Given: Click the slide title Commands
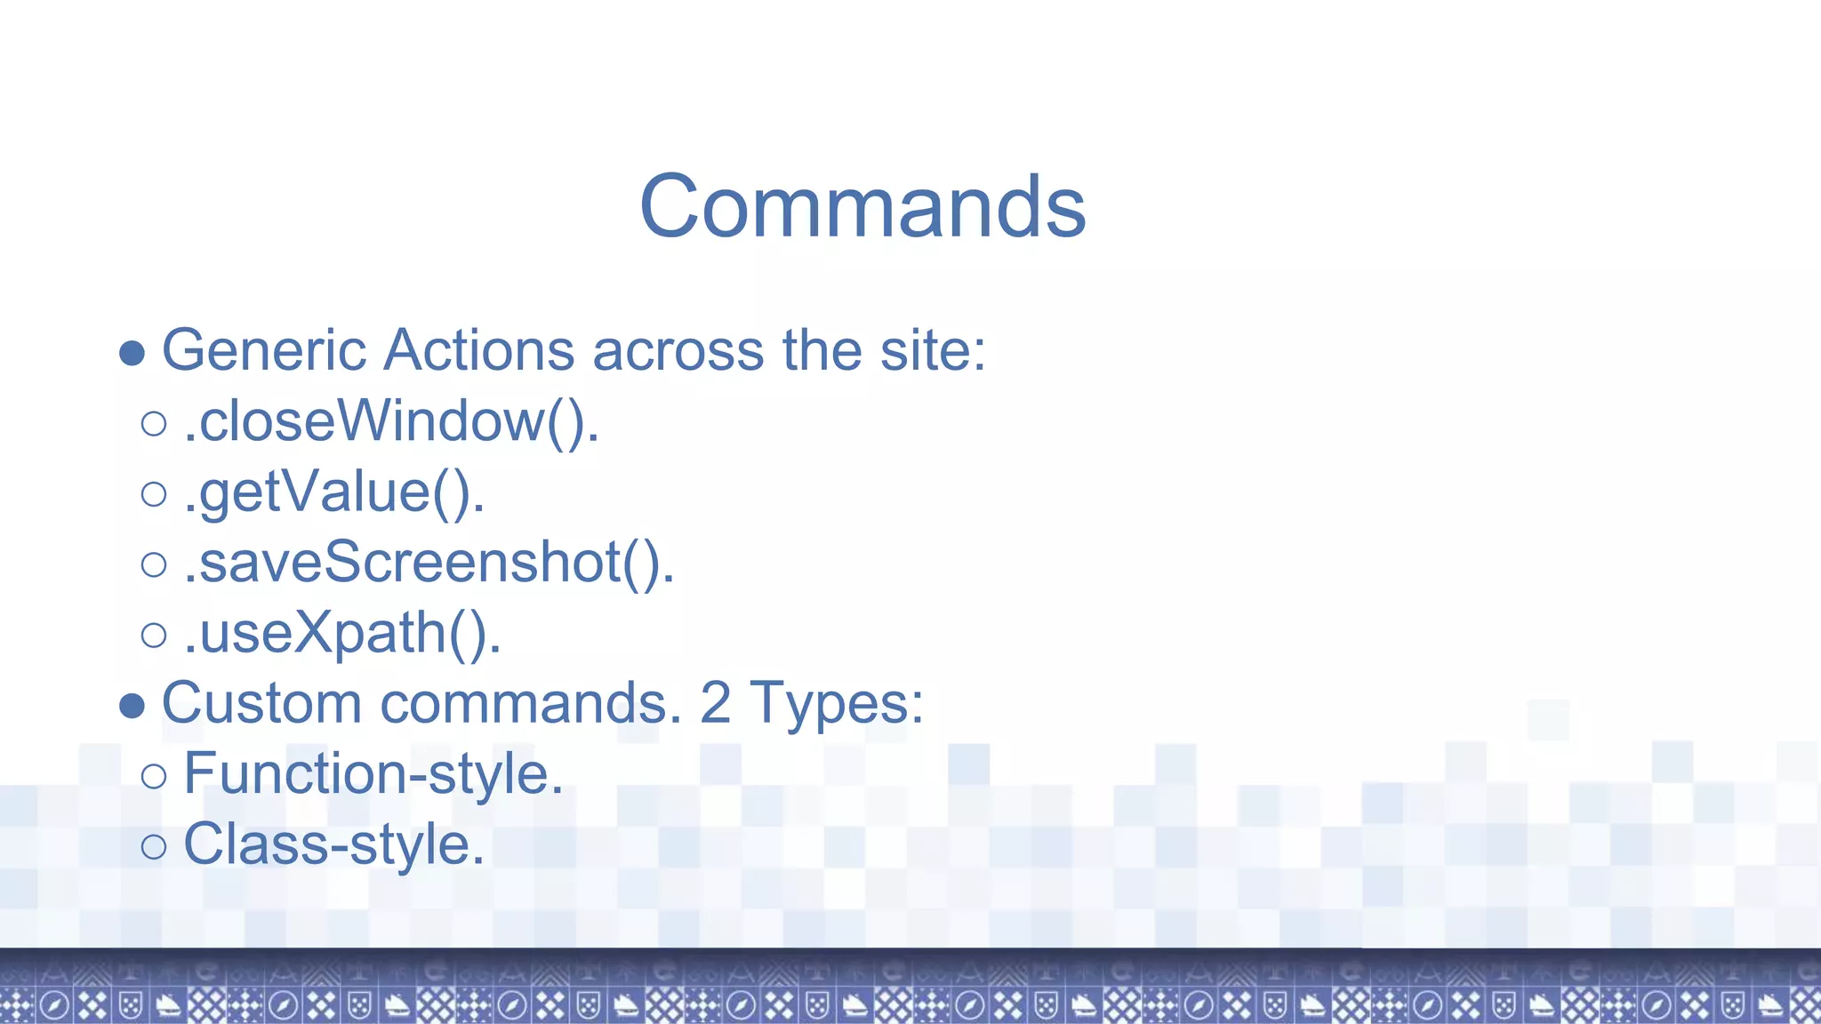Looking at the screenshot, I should click(x=862, y=206).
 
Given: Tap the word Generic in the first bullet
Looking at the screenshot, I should click(x=263, y=350).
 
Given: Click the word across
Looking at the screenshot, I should click(x=678, y=350).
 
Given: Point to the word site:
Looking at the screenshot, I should click(x=933, y=350).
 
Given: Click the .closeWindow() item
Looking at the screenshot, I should click(x=391, y=421).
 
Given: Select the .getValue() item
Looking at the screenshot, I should click(x=334, y=492).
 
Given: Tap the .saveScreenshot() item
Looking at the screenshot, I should click(x=429, y=563).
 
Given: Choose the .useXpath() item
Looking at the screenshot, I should click(x=342, y=633).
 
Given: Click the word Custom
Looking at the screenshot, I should click(x=261, y=703).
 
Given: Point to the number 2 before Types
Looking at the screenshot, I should click(x=715, y=703).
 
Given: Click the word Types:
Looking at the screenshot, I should click(x=836, y=703).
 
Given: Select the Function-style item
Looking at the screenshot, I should click(x=373, y=773).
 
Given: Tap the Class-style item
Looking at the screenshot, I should click(x=333, y=844).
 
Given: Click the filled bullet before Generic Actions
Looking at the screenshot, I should click(x=132, y=353).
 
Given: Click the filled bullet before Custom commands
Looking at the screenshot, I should click(x=132, y=706).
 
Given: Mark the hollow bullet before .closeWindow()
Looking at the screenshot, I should click(x=154, y=423).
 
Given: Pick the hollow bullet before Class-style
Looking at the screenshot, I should click(x=154, y=846).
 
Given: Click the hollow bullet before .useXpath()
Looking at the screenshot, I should click(x=154, y=635).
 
